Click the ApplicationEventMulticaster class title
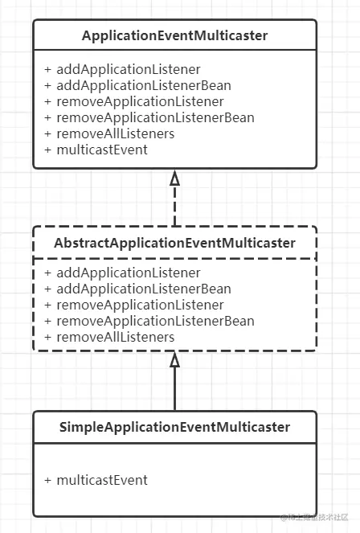174,35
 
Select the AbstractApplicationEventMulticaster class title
174,243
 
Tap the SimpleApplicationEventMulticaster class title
174,427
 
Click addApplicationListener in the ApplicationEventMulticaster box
129,70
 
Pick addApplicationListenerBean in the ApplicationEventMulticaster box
144,85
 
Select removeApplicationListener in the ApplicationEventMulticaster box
140,101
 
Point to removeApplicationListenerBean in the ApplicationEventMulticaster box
155,117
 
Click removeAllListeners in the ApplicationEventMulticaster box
115,133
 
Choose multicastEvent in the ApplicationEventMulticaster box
102,150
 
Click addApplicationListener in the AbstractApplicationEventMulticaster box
129,273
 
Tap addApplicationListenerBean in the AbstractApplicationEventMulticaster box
144,289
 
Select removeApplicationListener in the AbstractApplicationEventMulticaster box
140,305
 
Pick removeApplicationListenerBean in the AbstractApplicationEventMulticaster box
155,321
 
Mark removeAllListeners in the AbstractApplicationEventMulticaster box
115,337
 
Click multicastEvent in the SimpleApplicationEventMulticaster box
102,480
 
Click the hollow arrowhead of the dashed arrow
174,178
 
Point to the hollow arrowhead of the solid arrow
174,359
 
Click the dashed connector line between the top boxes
174,206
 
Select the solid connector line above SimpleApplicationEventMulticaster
174,389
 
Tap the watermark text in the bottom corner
314,518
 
